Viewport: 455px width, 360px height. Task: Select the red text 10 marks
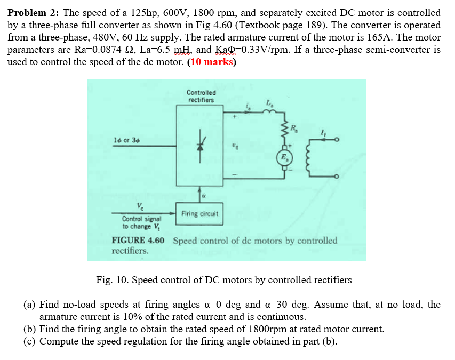click(211, 61)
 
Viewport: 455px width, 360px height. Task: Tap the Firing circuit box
click(199, 214)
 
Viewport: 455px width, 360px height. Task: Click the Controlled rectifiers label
click(201, 96)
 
